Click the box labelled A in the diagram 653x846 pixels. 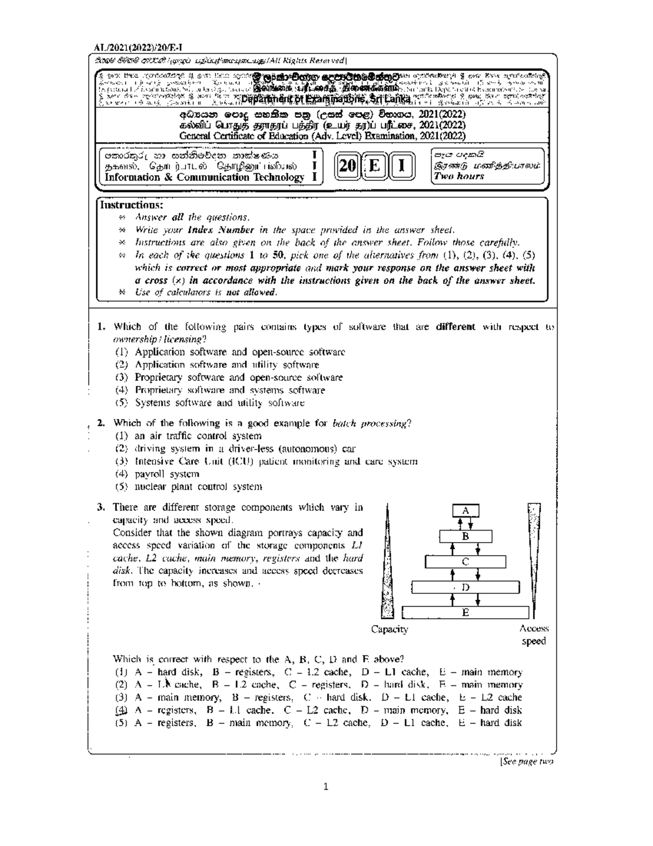point(465,510)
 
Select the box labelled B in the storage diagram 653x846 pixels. point(465,536)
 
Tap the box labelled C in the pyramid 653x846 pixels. point(465,562)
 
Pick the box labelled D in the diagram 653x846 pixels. point(465,587)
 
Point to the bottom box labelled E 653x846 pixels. point(465,612)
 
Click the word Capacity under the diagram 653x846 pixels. point(390,629)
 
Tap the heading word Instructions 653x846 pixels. point(132,205)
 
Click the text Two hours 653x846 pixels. point(458,176)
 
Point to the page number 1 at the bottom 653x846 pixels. point(325,786)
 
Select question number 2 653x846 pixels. point(101,423)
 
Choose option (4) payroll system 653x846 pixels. point(157,474)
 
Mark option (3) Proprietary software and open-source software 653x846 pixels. point(229,378)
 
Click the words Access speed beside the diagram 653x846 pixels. point(534,635)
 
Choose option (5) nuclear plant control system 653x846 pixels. point(188,486)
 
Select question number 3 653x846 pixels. point(101,507)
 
